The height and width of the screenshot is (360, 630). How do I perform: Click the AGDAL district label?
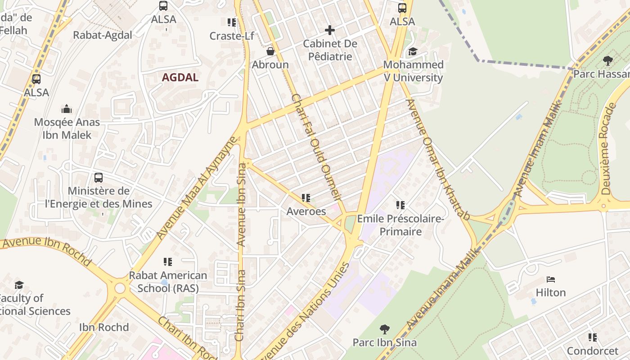click(180, 77)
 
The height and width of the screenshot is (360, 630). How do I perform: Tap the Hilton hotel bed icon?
click(551, 279)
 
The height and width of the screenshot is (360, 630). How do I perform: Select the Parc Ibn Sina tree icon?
click(384, 329)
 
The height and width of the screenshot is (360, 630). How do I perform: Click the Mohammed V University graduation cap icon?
click(413, 52)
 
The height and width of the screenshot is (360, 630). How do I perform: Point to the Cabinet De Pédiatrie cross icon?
click(330, 30)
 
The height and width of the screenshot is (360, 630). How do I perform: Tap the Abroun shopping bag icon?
click(270, 51)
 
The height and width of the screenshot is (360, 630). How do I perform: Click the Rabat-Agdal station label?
click(103, 35)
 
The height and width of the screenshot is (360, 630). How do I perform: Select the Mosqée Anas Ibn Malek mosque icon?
click(67, 108)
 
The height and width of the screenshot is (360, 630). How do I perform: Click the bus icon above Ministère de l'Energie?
click(98, 178)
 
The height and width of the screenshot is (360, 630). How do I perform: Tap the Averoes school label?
click(306, 211)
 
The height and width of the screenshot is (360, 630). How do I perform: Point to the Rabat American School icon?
click(168, 261)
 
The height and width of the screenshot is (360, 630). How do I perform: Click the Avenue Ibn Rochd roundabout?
click(120, 288)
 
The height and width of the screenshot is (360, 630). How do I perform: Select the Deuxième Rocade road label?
click(607, 148)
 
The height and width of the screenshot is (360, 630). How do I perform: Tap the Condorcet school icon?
click(593, 337)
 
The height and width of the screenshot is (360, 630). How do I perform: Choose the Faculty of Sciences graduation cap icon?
click(19, 285)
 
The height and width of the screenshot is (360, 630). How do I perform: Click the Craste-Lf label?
click(232, 36)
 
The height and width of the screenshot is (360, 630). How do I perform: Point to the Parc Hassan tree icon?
click(607, 60)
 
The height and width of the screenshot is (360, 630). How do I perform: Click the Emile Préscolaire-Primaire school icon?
click(400, 205)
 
